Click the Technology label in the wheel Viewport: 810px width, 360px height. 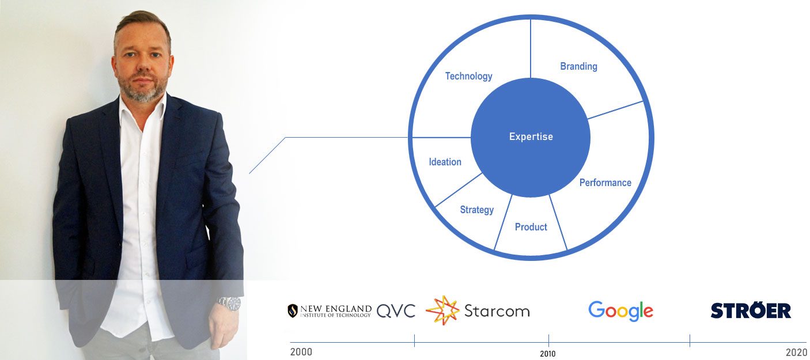point(468,76)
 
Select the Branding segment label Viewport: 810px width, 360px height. point(578,66)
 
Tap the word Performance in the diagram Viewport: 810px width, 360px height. point(605,183)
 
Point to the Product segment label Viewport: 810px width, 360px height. point(531,227)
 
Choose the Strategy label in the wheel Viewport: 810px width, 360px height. point(476,210)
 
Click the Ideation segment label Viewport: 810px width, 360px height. point(445,162)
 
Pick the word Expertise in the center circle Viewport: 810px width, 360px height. point(531,137)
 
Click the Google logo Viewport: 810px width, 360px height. point(620,311)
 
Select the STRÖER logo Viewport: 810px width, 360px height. point(751,310)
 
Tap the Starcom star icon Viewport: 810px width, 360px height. point(442,310)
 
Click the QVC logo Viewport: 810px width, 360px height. point(396,311)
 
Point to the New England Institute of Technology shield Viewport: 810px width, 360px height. point(293,311)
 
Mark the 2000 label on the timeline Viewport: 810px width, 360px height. point(301,352)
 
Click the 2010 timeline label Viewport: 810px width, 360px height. point(548,354)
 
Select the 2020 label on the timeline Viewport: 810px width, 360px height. point(796,353)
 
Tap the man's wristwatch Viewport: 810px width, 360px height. point(229,303)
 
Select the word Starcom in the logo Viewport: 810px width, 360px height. point(497,311)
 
